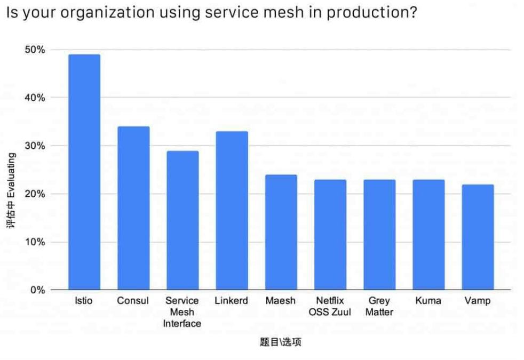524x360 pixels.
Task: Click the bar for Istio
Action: [x=84, y=172]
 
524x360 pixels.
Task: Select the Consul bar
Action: [x=133, y=208]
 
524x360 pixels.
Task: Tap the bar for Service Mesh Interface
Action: [x=182, y=220]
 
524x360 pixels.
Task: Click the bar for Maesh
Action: [x=281, y=232]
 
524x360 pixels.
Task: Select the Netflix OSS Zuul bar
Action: [x=330, y=235]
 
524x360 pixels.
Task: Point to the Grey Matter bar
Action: [x=379, y=235]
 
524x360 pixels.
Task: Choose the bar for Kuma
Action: [x=428, y=235]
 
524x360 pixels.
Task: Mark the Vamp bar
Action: [x=478, y=237]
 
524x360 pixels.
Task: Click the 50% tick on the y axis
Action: [x=35, y=50]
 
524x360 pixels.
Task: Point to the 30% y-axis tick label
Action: [x=35, y=146]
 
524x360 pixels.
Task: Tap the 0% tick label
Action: [x=37, y=290]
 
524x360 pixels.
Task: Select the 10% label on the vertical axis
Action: [x=35, y=242]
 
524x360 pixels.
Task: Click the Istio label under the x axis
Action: [x=84, y=301]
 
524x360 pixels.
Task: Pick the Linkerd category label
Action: [x=232, y=301]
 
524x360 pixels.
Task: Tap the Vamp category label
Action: [x=478, y=301]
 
